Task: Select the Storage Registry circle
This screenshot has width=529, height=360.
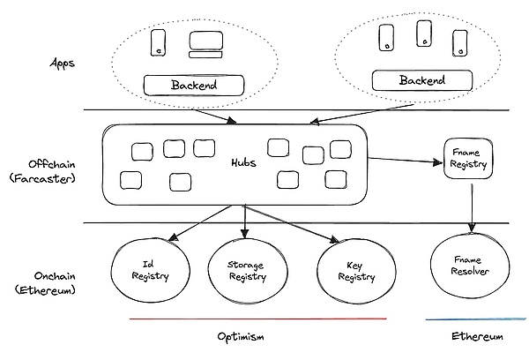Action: pos(247,271)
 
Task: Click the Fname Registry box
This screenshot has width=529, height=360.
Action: pos(466,158)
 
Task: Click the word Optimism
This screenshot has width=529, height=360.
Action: pos(241,337)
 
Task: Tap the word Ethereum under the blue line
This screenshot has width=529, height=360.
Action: pos(477,337)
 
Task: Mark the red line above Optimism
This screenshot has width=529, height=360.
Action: pos(257,319)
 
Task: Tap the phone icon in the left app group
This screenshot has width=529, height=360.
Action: pos(159,41)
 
